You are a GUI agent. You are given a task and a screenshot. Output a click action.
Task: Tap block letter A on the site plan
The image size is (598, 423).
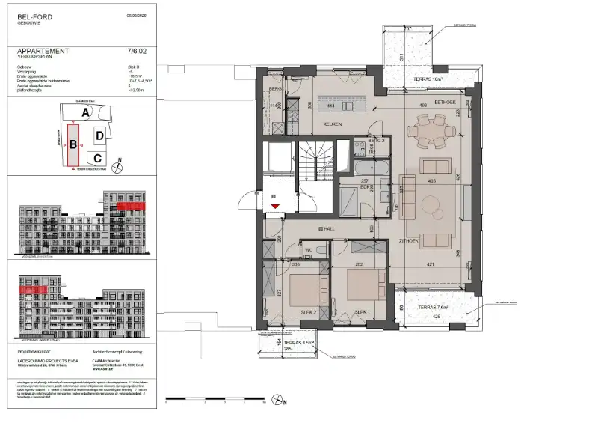pos(87,112)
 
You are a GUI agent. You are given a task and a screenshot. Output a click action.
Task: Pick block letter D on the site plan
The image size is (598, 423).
pos(99,136)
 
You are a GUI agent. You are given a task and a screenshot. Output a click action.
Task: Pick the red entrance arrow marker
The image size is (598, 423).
pos(275,204)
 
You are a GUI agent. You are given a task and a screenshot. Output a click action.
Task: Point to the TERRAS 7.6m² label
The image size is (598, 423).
pos(433,306)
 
